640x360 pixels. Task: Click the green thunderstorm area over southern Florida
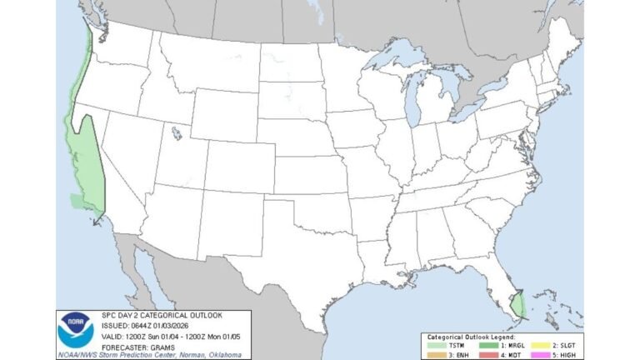pyautogui.click(x=517, y=303)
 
